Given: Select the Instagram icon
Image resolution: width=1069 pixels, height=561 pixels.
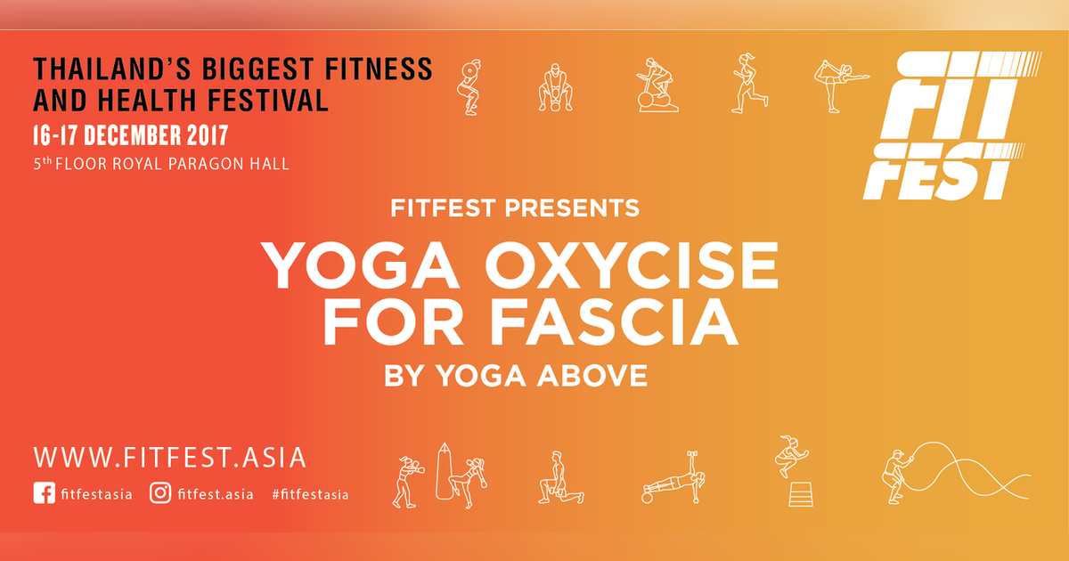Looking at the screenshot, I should (x=160, y=493).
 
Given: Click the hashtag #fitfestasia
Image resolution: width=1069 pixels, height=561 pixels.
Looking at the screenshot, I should (x=310, y=494).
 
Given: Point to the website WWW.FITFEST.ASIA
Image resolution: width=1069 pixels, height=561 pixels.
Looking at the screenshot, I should (x=169, y=457).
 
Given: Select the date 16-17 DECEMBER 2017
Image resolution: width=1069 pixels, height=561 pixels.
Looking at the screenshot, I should (x=130, y=135).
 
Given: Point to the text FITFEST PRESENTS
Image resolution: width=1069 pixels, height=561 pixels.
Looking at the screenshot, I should (x=515, y=208).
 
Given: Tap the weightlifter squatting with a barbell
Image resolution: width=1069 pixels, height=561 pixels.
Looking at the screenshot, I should (x=469, y=86).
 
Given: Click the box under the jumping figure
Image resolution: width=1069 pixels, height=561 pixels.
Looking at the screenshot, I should (x=800, y=493).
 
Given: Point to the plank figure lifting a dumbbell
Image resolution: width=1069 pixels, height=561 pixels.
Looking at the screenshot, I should (x=674, y=480).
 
